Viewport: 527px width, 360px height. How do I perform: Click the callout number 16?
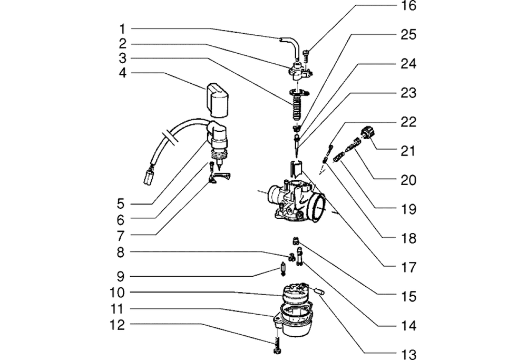(408, 6)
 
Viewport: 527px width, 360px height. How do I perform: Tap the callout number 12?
(118, 325)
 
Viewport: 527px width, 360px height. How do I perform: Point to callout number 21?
(408, 151)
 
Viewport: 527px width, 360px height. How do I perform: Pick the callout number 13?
(408, 354)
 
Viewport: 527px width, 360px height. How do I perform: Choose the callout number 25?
(408, 35)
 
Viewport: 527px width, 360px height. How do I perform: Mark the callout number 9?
(122, 276)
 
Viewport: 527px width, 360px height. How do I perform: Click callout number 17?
(408, 267)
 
